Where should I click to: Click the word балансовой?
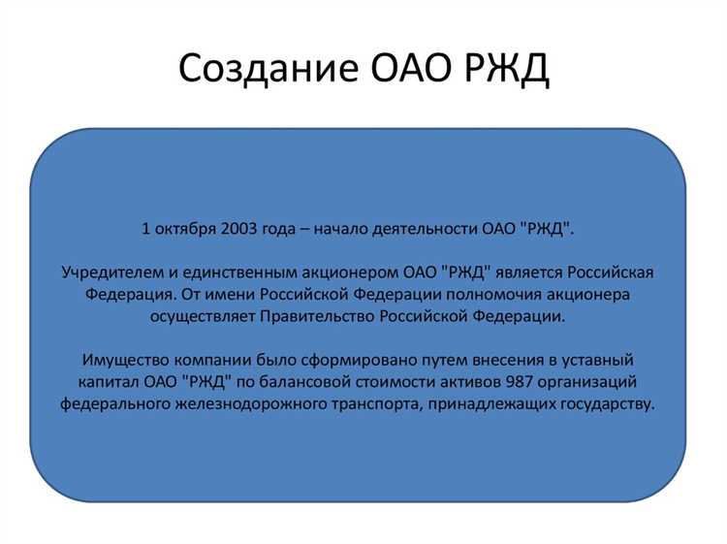[325, 381]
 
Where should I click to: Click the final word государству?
[609, 404]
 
